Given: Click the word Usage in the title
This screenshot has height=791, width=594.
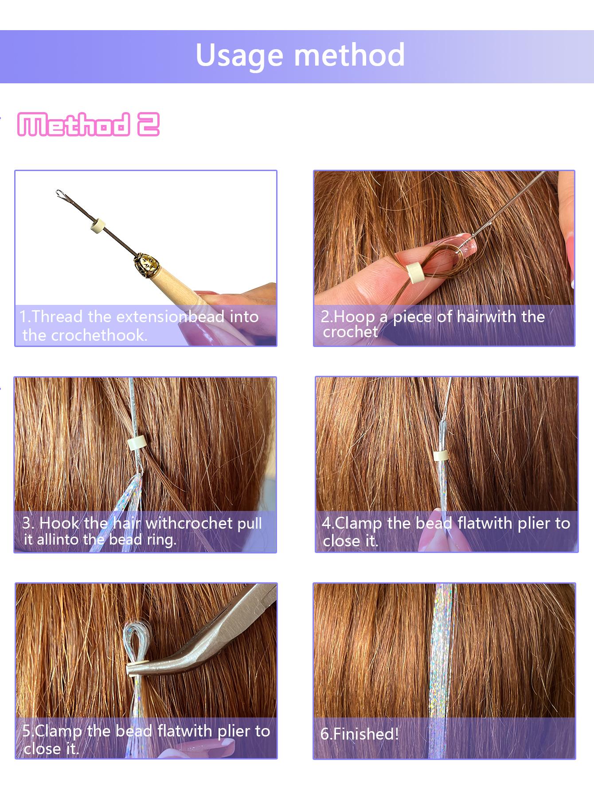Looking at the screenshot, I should (240, 55).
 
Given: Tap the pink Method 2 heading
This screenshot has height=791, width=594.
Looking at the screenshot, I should (88, 125).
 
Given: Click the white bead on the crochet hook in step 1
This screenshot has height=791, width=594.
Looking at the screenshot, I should (96, 226).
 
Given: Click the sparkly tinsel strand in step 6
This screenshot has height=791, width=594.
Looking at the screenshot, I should (443, 656).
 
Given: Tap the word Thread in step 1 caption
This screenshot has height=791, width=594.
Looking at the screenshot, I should (57, 316).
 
